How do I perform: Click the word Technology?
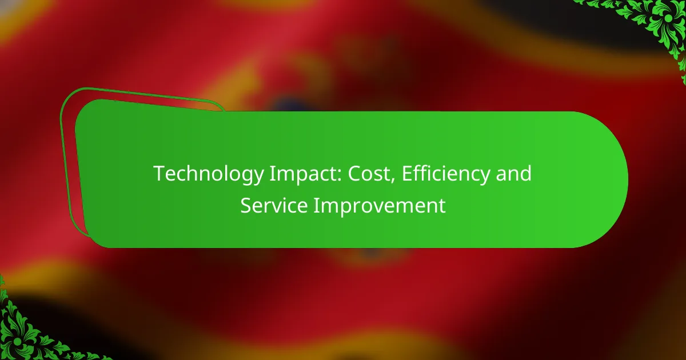point(209,174)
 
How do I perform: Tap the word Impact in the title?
point(305,174)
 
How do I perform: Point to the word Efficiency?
point(445,174)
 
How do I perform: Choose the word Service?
point(274,205)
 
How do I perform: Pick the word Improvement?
point(380,206)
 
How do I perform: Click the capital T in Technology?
point(160,174)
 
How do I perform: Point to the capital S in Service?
point(246,205)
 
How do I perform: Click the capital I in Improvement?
point(316,205)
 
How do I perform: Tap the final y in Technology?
point(258,178)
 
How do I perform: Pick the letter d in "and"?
point(525,173)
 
